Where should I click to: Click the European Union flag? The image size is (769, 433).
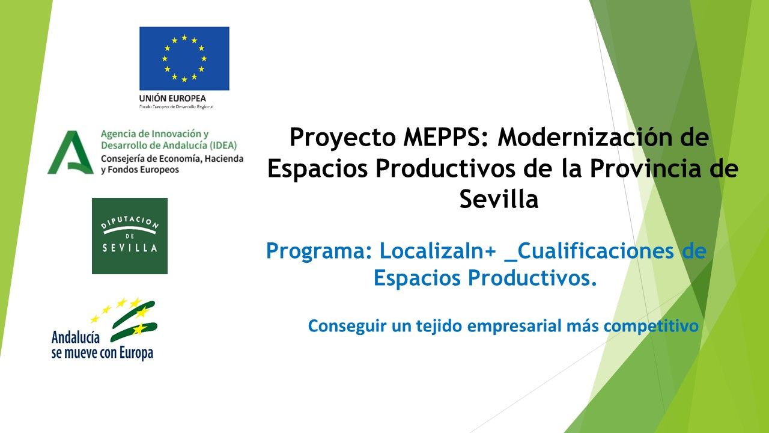184,58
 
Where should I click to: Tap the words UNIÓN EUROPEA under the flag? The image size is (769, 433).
172,98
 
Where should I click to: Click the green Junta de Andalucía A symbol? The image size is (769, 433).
70,152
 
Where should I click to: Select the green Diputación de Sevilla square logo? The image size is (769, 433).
130,236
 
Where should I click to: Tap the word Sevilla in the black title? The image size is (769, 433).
499,199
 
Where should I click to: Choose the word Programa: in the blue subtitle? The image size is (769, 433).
319,251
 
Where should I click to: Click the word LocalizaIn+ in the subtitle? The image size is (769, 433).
438,251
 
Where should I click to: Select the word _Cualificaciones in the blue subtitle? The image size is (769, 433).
589,251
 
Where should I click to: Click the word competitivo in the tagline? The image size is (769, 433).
651,326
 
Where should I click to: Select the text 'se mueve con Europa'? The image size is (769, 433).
102,353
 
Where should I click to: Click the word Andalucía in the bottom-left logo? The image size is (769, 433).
76,337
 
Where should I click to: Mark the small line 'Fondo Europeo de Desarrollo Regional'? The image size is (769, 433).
176,107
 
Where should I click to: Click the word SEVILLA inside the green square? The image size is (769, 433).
130,248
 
